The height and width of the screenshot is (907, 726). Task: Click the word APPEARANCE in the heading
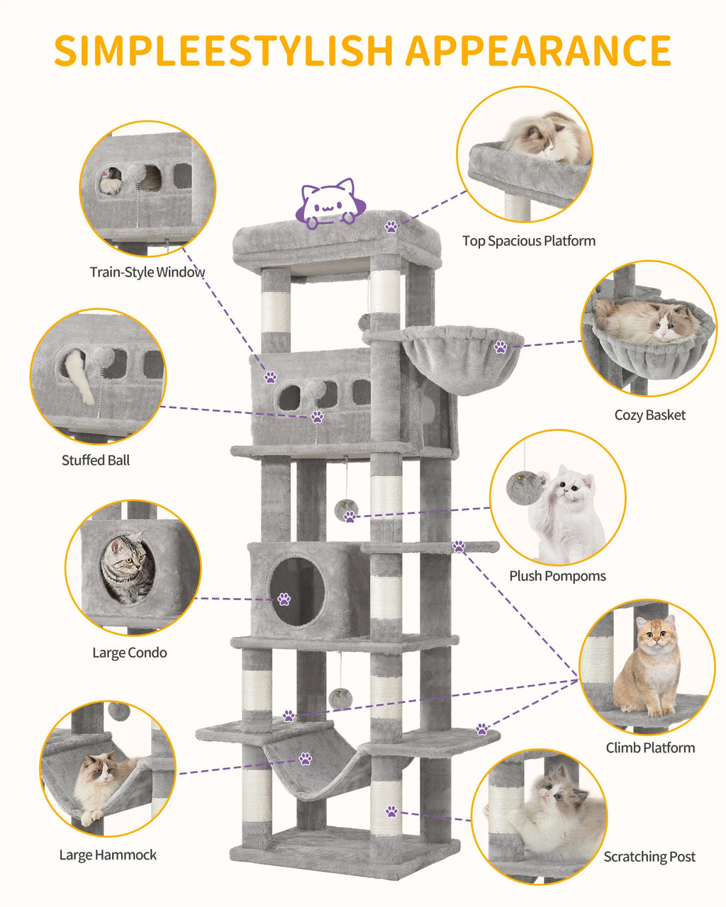(x=538, y=50)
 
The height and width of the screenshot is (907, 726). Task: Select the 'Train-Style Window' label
(x=147, y=272)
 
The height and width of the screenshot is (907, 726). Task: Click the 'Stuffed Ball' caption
(x=96, y=461)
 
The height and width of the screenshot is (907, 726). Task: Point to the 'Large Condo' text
(x=130, y=653)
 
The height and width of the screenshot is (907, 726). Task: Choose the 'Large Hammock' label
(x=108, y=855)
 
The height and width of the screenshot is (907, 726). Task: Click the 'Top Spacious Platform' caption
(x=529, y=241)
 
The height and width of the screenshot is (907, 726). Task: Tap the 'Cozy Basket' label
(x=649, y=415)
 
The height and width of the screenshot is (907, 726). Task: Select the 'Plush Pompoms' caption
(x=557, y=576)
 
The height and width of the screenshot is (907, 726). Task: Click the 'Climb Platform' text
(x=650, y=748)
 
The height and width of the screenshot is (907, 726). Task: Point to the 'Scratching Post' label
(x=649, y=857)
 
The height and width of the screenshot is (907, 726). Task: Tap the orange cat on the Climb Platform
(x=649, y=666)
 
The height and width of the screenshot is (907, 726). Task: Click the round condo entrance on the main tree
(x=297, y=591)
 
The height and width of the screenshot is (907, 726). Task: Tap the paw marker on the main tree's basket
(x=501, y=347)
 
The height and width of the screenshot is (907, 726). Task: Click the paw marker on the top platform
(x=391, y=227)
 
